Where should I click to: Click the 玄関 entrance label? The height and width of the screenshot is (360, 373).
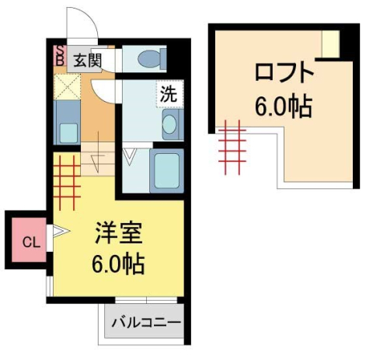(x=88, y=60)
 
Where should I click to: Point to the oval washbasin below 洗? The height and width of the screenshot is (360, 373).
(x=170, y=124)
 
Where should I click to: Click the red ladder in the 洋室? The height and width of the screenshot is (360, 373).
(x=68, y=175)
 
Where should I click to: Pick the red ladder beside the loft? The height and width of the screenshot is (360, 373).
(x=232, y=147)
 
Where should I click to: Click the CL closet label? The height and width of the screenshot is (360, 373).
(x=29, y=241)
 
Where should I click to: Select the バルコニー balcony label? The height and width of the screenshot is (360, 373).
(x=145, y=321)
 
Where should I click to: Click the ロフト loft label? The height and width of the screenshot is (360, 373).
(x=284, y=75)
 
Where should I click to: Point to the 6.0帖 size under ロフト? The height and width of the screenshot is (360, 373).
(x=284, y=106)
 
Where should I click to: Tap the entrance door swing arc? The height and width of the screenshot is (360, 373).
(x=82, y=23)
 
